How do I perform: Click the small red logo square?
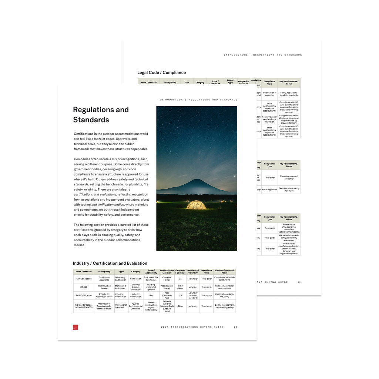pyautogui.click(x=76, y=327)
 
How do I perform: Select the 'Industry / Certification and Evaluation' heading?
pyautogui.click(x=110, y=263)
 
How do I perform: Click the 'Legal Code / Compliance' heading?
pyautogui.click(x=161, y=73)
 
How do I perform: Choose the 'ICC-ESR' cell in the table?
pyautogui.click(x=83, y=287)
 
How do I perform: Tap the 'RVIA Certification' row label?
pyautogui.click(x=83, y=296)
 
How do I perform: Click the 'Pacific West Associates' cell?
pyautogui.click(x=104, y=279)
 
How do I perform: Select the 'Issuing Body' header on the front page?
pyautogui.click(x=104, y=272)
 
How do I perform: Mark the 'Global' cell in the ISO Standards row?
pyautogui.click(x=180, y=306)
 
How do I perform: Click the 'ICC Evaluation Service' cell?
pyautogui.click(x=104, y=287)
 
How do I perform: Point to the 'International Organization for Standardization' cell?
pyautogui.click(x=104, y=306)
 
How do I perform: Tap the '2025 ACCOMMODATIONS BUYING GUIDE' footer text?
pyautogui.click(x=192, y=327)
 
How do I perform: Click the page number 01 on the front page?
pyautogui.click(x=235, y=327)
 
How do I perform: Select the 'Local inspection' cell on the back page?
pyautogui.click(x=269, y=190)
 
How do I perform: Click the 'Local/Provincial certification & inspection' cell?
pyautogui.click(x=269, y=119)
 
